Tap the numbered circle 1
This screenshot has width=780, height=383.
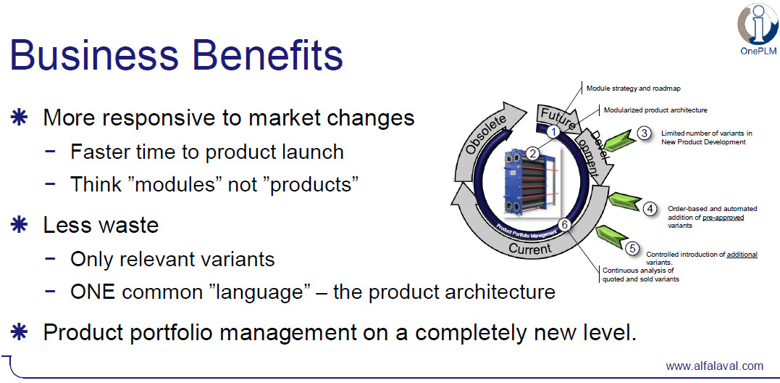coord(552,132)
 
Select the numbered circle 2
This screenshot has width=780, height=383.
coord(533,153)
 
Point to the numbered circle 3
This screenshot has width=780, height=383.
coord(644,133)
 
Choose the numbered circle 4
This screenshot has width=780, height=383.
coord(650,209)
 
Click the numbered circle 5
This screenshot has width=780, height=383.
coord(632,248)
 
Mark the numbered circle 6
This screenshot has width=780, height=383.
coord(563,225)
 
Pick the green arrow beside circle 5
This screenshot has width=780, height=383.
coord(610,238)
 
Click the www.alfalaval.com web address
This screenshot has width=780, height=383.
coord(714,366)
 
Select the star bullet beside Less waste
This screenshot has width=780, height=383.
coord(18,225)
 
